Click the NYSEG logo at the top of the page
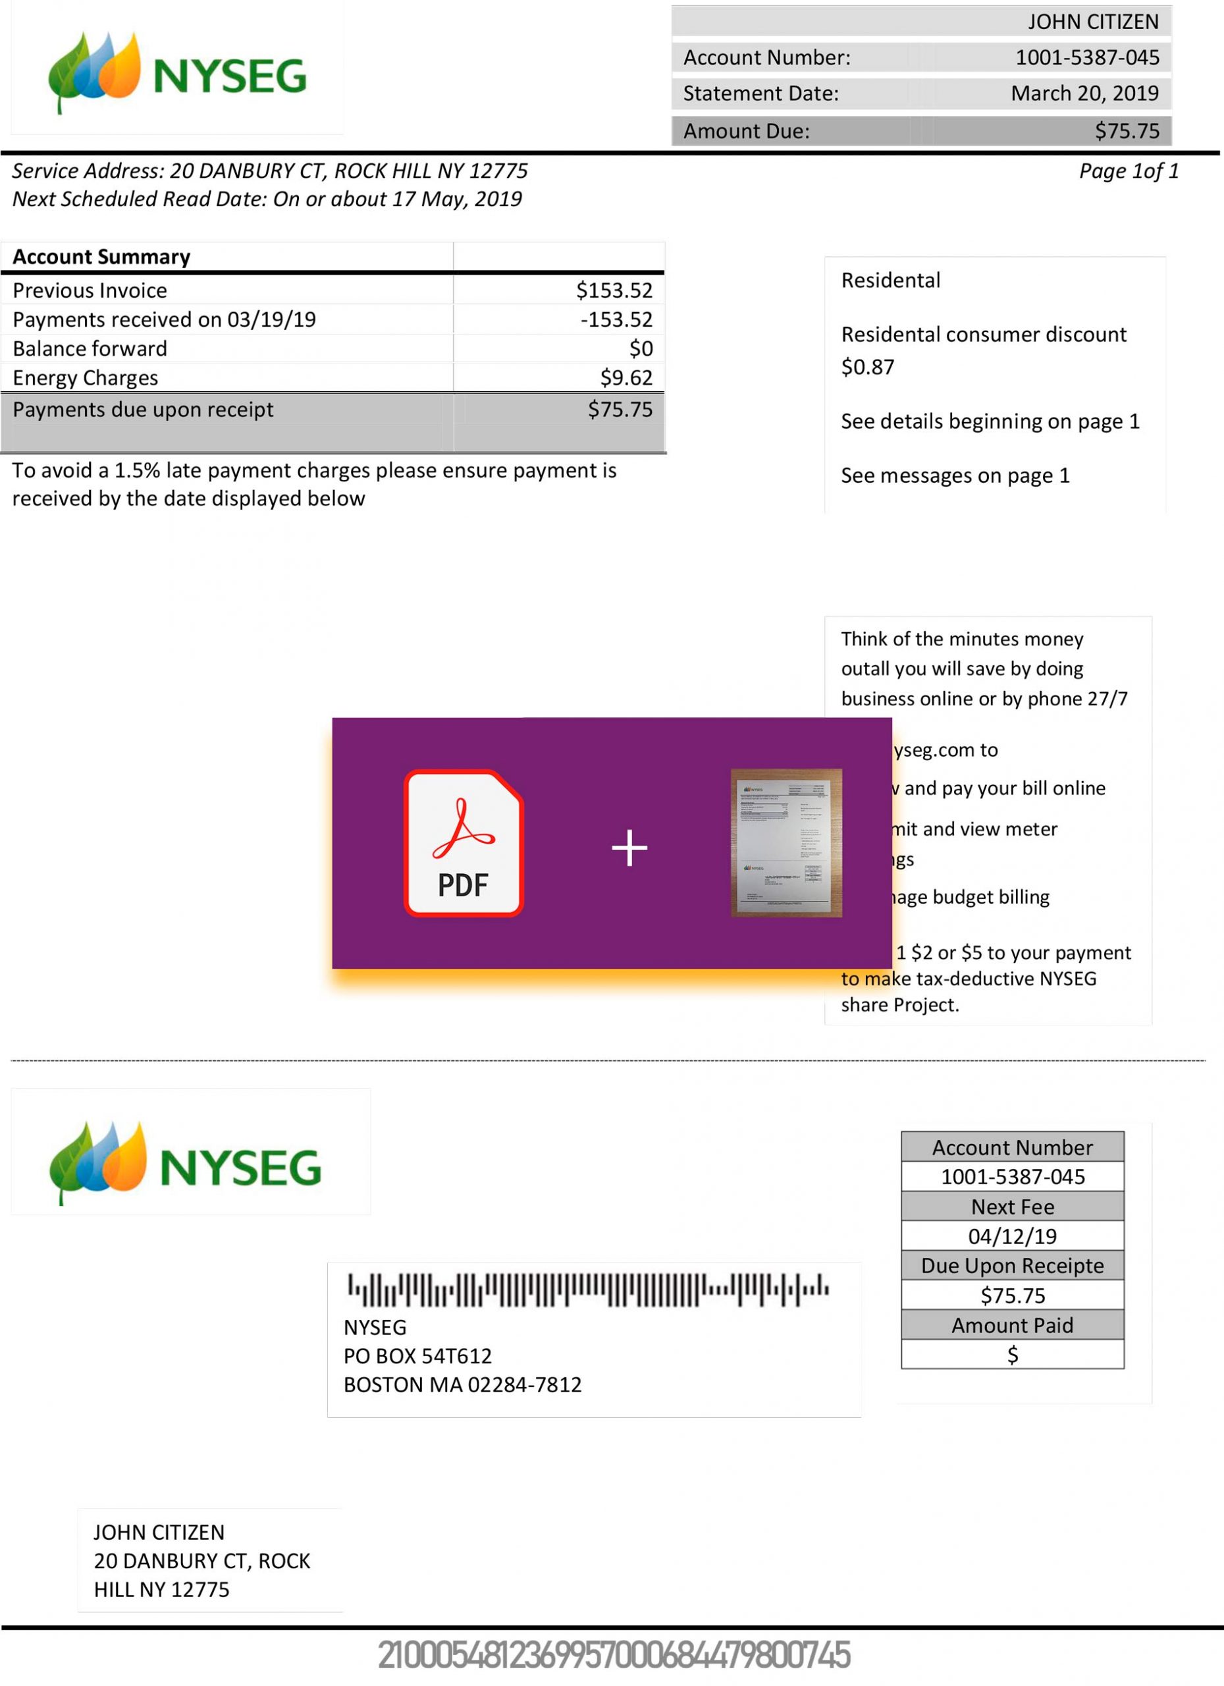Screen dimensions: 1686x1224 tap(177, 73)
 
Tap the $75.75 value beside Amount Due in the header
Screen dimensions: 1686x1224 tap(1126, 131)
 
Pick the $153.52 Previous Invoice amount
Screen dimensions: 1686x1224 tap(614, 290)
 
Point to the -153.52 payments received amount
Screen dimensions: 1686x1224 tap(616, 319)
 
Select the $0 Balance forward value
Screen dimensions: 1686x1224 tap(641, 348)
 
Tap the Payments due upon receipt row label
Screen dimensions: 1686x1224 tap(143, 410)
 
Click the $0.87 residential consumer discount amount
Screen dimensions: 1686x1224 tap(867, 367)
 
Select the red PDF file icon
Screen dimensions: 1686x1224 tap(464, 843)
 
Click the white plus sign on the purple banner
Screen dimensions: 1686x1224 tap(629, 848)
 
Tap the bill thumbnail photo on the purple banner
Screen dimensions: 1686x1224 tap(786, 842)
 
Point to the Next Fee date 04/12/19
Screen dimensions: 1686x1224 tap(1012, 1236)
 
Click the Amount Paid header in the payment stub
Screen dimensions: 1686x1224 tap(1012, 1326)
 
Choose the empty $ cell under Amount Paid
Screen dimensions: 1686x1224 tap(1012, 1355)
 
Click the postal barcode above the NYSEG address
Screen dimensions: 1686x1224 tap(588, 1290)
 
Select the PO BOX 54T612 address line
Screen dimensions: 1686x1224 tap(417, 1357)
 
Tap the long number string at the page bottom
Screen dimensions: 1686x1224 tap(614, 1656)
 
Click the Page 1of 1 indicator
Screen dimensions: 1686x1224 tap(1128, 172)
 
